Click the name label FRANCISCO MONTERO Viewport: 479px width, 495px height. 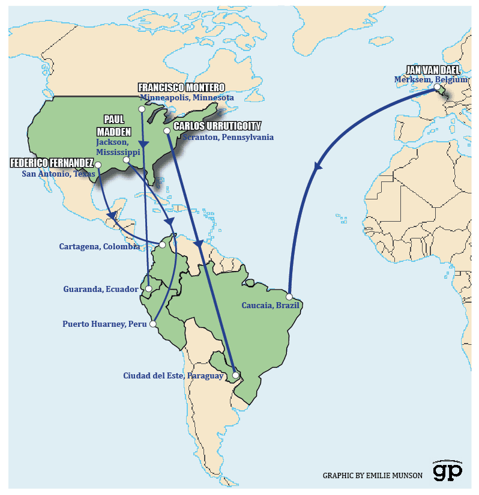pos(181,88)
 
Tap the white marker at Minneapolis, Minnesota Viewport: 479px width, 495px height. pos(142,109)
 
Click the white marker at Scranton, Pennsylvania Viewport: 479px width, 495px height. pos(167,130)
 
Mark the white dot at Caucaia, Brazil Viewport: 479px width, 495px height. pos(289,297)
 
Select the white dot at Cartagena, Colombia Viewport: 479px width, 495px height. pos(162,245)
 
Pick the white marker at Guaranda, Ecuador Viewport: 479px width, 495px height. pos(148,289)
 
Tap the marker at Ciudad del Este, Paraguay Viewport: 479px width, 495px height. pos(235,375)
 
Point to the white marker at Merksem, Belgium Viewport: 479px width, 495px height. pos(436,87)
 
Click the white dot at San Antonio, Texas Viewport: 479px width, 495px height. pos(98,165)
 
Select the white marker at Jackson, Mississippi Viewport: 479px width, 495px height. pos(126,159)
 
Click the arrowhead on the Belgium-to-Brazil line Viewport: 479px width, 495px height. pos(318,166)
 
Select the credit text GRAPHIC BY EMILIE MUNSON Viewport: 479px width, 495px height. pos(372,475)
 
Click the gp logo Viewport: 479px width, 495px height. pos(448,471)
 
